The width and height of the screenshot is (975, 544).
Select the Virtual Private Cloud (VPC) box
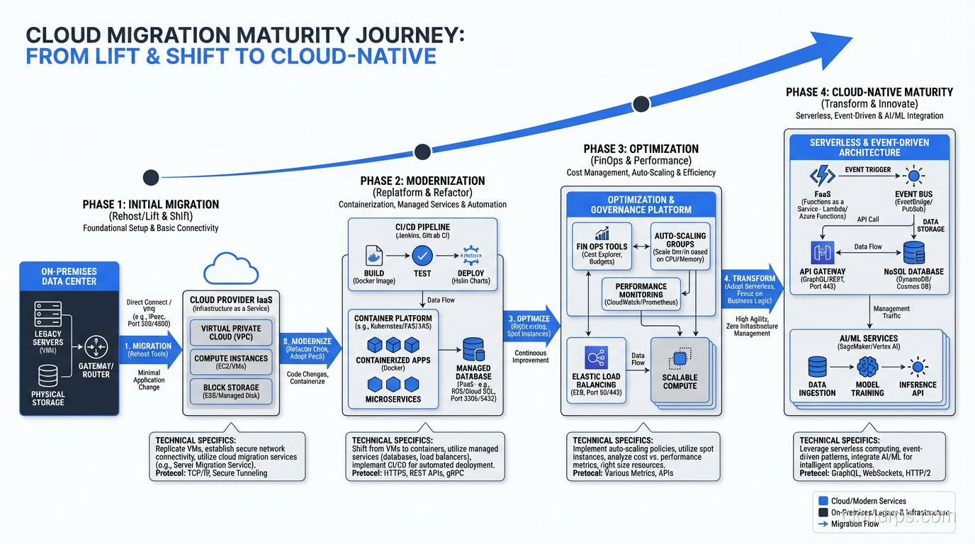231,333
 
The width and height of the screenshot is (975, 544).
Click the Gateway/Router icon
96,348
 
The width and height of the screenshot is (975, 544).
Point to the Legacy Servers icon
48,314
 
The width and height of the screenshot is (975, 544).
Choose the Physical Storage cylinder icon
48,376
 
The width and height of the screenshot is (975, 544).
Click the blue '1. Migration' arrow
150,350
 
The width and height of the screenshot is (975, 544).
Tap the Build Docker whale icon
373,256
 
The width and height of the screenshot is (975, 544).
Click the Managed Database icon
473,350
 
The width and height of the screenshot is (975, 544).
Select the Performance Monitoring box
641,294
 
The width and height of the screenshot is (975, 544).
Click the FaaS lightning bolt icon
823,176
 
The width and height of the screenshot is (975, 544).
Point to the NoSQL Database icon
913,253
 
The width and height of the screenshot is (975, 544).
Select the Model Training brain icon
867,367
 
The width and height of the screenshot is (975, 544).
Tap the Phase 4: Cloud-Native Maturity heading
869,92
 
